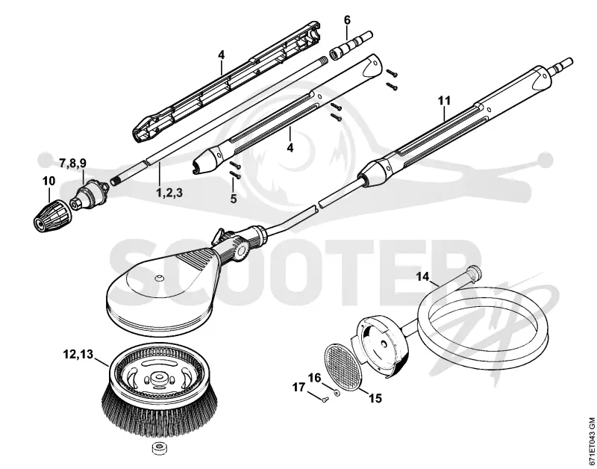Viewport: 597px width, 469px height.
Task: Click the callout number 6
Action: [347, 20]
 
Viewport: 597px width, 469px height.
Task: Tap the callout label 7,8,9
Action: [72, 164]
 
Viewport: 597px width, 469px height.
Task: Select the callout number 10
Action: [49, 181]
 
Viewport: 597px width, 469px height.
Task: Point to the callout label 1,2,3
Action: [169, 193]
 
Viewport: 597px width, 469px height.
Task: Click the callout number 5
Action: [234, 199]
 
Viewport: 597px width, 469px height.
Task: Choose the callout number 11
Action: [444, 101]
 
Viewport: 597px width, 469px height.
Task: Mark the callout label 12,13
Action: [78, 354]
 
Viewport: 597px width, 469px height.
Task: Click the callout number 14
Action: [422, 276]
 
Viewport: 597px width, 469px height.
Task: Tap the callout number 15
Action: [375, 399]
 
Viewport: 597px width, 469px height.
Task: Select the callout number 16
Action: [314, 378]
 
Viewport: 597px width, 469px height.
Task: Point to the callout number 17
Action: [299, 387]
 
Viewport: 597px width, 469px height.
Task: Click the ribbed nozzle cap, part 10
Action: [52, 216]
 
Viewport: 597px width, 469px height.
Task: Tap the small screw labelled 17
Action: [322, 398]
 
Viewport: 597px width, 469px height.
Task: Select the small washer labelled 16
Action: [337, 392]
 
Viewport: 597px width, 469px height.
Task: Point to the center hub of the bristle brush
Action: [157, 379]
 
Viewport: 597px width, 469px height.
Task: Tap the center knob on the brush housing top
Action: [159, 277]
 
